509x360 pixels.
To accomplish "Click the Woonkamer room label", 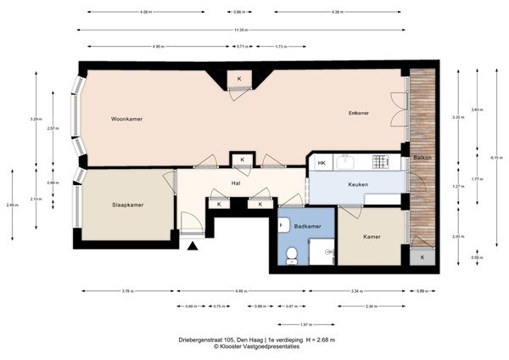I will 126,120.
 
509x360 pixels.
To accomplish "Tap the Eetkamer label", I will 359,113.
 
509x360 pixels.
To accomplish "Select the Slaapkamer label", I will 127,205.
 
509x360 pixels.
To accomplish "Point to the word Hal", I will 237,182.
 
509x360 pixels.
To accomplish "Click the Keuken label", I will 357,184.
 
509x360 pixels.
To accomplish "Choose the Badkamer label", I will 306,227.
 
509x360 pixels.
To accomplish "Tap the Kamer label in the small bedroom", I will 371,237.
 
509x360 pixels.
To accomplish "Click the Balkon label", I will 422,159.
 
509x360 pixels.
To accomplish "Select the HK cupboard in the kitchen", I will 322,163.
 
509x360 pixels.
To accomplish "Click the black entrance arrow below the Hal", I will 193,247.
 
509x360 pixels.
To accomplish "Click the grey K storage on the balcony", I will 422,256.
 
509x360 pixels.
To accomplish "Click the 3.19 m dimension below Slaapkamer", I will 126,290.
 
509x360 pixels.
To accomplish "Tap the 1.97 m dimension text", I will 305,324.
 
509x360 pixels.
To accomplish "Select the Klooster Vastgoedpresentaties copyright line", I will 255,347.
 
